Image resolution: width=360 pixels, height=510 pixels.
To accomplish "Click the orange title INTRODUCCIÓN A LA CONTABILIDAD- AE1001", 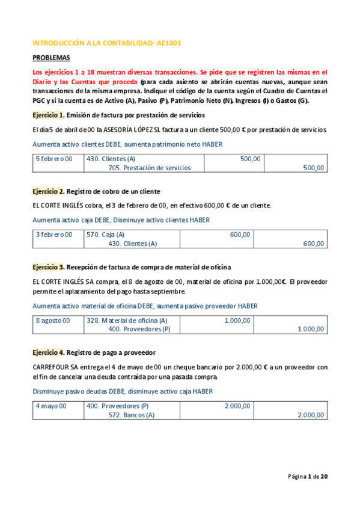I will pos(106,43).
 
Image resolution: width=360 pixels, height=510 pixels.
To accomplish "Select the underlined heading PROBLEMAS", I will pos(51,58).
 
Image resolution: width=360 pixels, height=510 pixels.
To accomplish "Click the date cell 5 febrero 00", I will pos(54,159).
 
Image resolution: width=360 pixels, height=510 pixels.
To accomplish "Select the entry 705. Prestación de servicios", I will pos(150,168).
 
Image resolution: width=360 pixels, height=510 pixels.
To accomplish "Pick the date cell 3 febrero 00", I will pos(54,235).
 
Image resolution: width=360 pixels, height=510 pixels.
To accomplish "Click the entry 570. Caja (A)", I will pos(106,235).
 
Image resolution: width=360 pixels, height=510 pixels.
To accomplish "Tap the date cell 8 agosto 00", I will pos(53,321).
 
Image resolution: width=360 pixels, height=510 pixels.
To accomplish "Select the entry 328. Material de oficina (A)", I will pos(127,321).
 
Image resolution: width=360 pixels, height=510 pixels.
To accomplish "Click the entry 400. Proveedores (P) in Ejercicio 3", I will pos(139,330).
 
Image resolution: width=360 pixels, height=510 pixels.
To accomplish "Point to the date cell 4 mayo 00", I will pos(51,406).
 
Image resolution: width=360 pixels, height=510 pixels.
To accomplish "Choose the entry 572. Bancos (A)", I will pos(131,415).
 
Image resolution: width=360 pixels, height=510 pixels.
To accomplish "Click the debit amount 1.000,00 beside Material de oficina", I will pos(237,321).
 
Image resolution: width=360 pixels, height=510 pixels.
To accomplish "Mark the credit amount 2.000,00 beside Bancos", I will pos(311,415).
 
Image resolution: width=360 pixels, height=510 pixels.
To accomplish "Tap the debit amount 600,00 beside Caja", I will pos(240,235).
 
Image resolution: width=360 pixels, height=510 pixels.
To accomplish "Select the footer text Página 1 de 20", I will pos(308,476).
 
